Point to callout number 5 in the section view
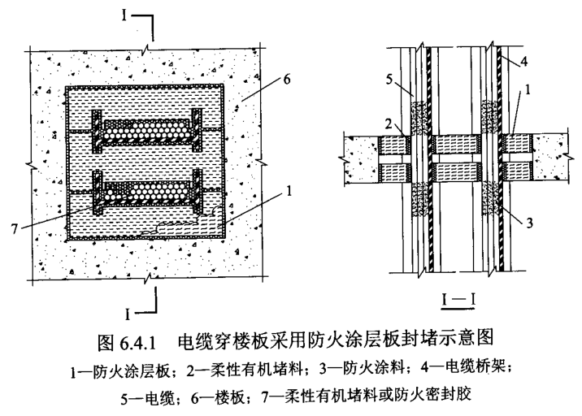389,80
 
